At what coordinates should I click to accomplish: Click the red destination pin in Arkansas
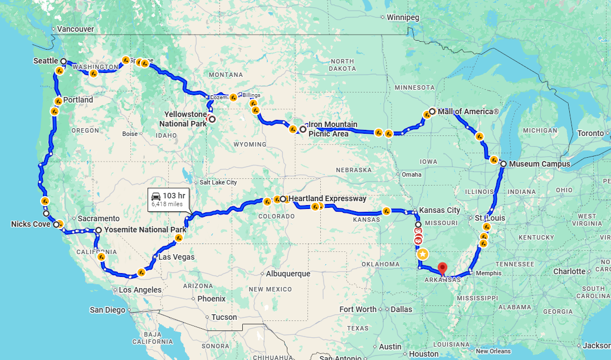pos(443,268)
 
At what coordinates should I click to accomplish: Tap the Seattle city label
pos(46,60)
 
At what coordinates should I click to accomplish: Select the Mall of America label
pos(468,111)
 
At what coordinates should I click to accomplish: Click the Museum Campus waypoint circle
pos(504,164)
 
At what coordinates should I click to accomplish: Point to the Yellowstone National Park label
pos(185,119)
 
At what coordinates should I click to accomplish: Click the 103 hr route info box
pos(168,199)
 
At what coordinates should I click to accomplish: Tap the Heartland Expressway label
pos(327,198)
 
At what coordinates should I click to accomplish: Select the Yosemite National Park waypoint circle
pos(98,230)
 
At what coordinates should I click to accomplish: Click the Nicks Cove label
pos(31,224)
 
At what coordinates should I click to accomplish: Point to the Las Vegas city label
pos(177,257)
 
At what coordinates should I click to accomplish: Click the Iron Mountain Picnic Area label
pos(333,129)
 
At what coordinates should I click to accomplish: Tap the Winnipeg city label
pos(403,17)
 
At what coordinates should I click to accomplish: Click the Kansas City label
pos(439,210)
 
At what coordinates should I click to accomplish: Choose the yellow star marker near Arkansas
pos(423,254)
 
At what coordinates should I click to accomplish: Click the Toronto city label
pos(590,133)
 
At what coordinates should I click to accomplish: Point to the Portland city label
pos(78,100)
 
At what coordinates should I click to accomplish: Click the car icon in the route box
pos(156,196)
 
